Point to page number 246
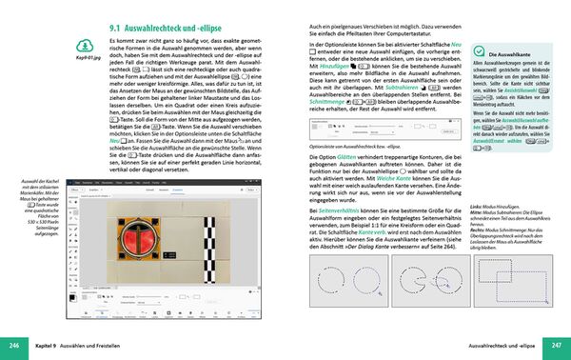[x=13, y=344]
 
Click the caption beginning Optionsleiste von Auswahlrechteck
[x=357, y=136]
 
